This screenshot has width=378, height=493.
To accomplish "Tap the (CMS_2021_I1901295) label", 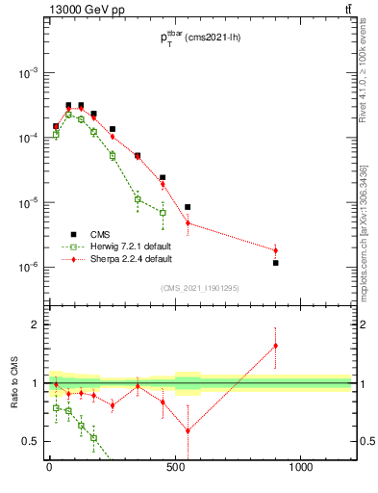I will click(x=201, y=287).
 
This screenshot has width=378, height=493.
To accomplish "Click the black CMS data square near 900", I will click(x=276, y=263).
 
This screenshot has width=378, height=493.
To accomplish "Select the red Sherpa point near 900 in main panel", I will click(x=276, y=250).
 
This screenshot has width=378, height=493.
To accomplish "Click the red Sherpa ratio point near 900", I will click(x=276, y=346).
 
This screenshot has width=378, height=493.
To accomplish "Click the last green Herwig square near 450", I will click(x=163, y=212).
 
